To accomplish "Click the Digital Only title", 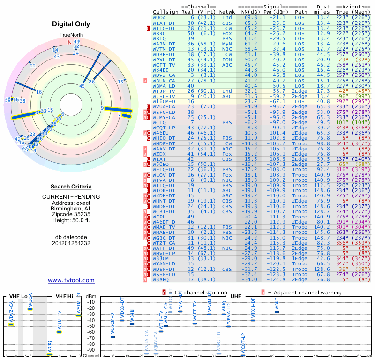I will pos(71,24).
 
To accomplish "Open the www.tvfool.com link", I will pos(71,280).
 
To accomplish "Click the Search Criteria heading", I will pos(71,186).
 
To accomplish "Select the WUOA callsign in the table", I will pos(159,17).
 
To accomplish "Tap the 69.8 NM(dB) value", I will pos(250,17).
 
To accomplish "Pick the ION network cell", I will pos(227,60).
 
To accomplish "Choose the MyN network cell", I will pos(227,44).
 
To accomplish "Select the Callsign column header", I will pos(165,11).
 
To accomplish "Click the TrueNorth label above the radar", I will pos(71,35).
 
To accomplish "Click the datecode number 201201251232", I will pos(71,243).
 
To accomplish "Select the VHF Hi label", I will pos(63,296).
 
